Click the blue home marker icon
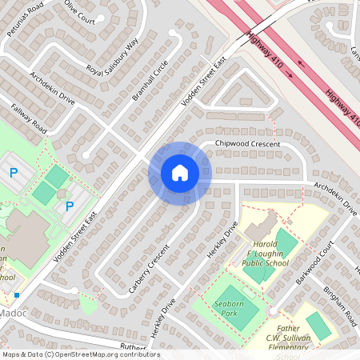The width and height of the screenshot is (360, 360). (180, 173)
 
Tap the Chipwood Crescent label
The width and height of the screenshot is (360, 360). (247, 144)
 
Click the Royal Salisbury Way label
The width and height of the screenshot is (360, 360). (112, 57)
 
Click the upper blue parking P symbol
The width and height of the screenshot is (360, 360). (14, 172)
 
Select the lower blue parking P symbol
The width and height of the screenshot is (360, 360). (70, 206)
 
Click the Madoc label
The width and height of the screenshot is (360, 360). (15, 313)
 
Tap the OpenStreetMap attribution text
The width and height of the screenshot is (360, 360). (80, 354)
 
